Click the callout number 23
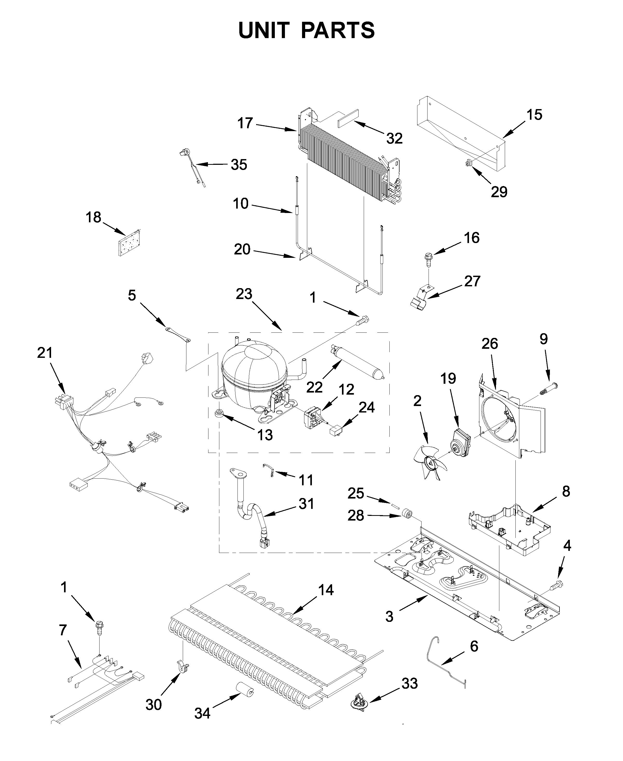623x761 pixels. (244, 294)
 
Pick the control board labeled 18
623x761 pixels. (129, 243)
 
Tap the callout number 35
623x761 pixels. (239, 165)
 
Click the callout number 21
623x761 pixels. (45, 353)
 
